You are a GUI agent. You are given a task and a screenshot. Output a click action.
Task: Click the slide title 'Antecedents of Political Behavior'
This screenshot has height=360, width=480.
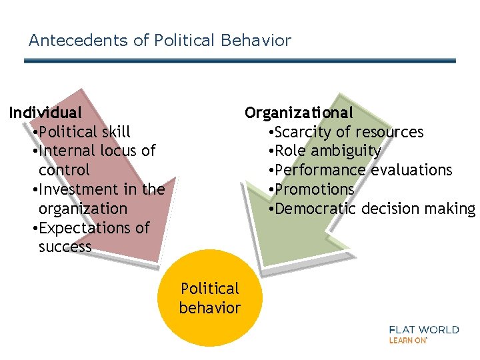(x=160, y=41)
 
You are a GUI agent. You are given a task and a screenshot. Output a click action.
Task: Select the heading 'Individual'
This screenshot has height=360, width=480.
(x=45, y=113)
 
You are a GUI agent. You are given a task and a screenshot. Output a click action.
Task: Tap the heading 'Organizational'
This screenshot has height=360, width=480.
(x=299, y=113)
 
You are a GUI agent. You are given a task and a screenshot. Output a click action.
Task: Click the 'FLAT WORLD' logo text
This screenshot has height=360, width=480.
(x=424, y=329)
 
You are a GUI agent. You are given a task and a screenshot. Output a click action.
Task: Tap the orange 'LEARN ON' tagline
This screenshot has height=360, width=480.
(x=408, y=340)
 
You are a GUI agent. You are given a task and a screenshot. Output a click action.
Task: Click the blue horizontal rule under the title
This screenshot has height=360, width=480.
(x=240, y=61)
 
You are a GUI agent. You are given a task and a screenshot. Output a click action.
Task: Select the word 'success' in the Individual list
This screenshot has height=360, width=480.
(x=65, y=247)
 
